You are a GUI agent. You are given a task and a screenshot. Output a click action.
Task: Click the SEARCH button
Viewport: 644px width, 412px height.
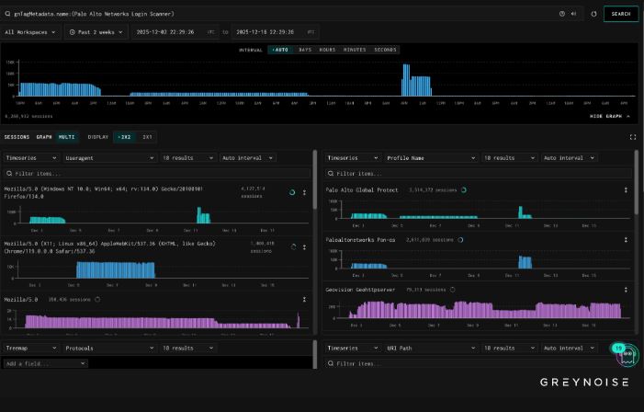tap(621, 14)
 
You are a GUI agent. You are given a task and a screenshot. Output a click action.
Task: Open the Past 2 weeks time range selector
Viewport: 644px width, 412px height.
tap(95, 31)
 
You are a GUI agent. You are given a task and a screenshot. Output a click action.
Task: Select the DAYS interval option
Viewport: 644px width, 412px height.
tap(303, 50)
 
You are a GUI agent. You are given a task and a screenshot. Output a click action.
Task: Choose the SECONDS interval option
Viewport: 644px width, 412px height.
tap(385, 50)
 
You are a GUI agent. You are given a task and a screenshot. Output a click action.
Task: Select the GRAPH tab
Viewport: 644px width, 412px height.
tap(44, 136)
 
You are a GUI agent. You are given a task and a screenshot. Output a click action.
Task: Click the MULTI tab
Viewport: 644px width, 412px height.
tap(66, 136)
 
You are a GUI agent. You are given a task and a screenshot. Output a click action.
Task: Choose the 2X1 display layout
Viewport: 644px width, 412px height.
tap(147, 136)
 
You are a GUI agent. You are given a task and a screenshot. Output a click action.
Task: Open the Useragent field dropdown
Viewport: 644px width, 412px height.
tap(108, 157)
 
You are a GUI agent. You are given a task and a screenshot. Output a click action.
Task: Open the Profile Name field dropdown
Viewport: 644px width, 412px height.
tap(429, 157)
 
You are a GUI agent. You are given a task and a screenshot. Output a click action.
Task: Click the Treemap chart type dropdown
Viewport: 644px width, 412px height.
tap(30, 349)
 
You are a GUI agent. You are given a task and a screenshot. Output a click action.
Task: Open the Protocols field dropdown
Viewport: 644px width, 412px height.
tap(108, 349)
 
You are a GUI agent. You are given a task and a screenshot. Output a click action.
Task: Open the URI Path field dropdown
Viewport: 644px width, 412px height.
tap(429, 349)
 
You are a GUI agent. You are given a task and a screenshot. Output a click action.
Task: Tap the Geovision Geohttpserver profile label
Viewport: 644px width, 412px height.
tap(368, 289)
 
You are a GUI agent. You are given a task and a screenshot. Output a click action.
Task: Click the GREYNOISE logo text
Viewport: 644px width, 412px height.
tap(583, 382)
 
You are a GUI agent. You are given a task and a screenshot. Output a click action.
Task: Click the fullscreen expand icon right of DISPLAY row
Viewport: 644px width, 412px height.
tap(633, 136)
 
